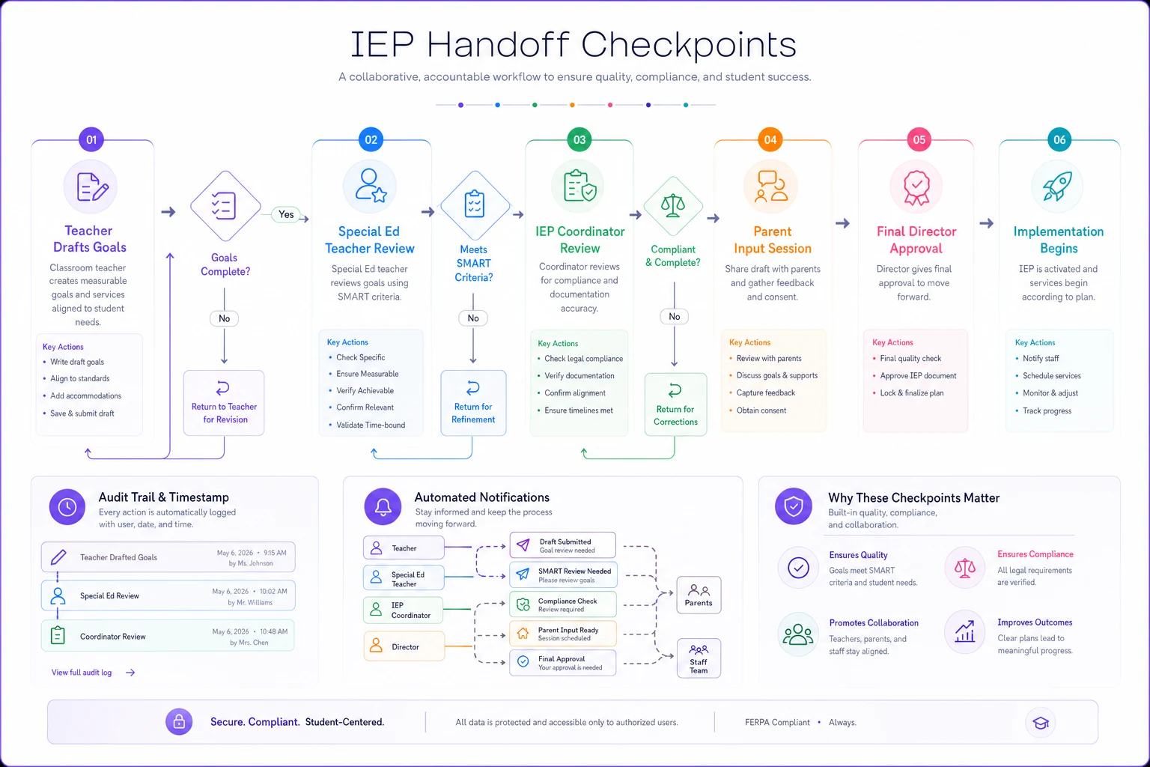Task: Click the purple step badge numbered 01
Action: pyautogui.click(x=91, y=139)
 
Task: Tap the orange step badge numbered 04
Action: pyautogui.click(x=770, y=139)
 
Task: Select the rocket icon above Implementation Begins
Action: pyautogui.click(x=1057, y=186)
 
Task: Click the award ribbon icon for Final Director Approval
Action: pyautogui.click(x=916, y=187)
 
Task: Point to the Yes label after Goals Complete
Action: pyautogui.click(x=286, y=214)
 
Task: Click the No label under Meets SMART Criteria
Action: pyautogui.click(x=473, y=318)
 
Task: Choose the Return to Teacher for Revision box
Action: pyautogui.click(x=224, y=403)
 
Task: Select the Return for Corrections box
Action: pyautogui.click(x=675, y=404)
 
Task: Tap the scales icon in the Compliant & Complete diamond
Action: pyautogui.click(x=673, y=206)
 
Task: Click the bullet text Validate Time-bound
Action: pyautogui.click(x=371, y=425)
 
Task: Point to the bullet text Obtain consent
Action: pyautogui.click(x=761, y=410)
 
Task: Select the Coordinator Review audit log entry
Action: pyautogui.click(x=168, y=636)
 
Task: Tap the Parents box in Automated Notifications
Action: pyautogui.click(x=699, y=595)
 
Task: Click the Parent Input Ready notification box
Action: pyautogui.click(x=563, y=634)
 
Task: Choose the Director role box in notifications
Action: pyautogui.click(x=404, y=646)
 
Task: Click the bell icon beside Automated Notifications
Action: pyautogui.click(x=383, y=506)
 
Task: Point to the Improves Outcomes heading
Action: pyautogui.click(x=1035, y=622)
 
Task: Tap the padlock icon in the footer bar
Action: pyautogui.click(x=179, y=722)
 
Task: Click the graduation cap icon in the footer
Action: pyautogui.click(x=1040, y=724)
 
